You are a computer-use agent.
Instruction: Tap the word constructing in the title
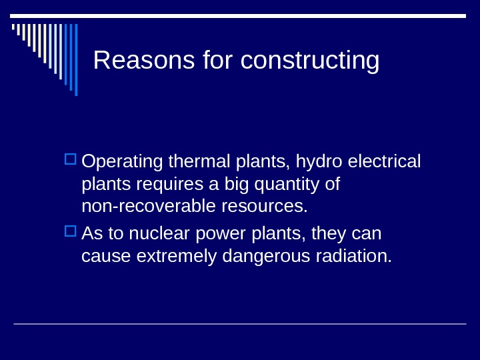click(310, 61)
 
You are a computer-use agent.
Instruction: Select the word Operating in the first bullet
click(123, 162)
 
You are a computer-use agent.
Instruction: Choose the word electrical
click(384, 162)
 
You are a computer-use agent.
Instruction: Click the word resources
click(262, 206)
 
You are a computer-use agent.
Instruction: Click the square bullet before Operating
click(71, 160)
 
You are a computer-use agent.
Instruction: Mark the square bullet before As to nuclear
click(71, 232)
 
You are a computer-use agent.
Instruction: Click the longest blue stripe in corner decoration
click(76, 60)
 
